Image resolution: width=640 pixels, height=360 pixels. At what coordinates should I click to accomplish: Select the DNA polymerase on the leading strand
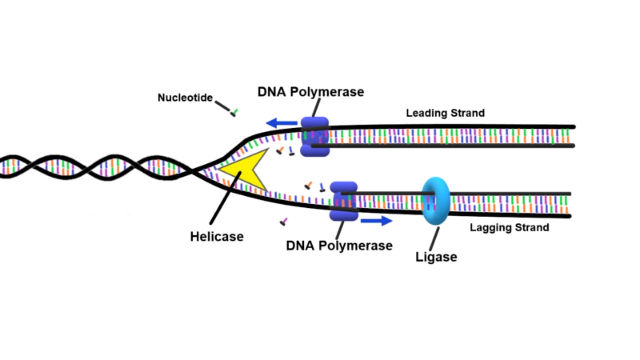(315, 137)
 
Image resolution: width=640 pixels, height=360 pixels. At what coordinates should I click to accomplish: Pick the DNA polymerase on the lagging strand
(344, 201)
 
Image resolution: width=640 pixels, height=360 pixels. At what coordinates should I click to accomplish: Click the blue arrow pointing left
(282, 123)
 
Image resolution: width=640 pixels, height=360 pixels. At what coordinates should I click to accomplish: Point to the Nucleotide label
(185, 98)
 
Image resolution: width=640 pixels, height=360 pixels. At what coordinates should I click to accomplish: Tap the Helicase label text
(217, 237)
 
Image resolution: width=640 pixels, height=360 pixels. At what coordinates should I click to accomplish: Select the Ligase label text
(436, 257)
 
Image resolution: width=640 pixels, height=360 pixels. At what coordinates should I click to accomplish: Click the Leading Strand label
(445, 113)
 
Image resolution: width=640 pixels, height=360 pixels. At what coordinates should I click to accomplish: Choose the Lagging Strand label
(509, 228)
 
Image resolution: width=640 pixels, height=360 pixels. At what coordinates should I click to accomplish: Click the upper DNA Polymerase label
(311, 92)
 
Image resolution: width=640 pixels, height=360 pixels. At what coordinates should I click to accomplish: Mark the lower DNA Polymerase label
(339, 246)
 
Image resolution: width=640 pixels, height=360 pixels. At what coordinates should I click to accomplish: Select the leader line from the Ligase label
(434, 239)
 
